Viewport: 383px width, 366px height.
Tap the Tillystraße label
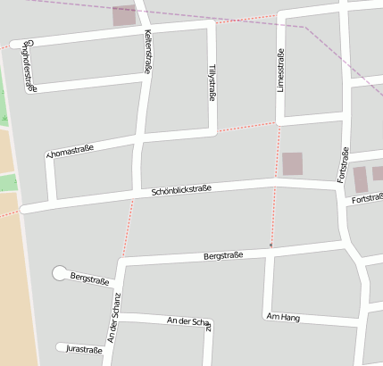(x=212, y=83)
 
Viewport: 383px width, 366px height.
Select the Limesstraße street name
(x=280, y=71)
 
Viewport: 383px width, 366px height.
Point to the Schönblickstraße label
(x=181, y=189)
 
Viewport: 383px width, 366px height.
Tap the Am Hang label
(x=283, y=317)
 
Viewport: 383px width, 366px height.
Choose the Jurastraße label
(x=87, y=349)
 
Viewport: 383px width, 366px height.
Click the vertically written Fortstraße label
(x=343, y=165)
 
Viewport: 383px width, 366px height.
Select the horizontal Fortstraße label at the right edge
(x=367, y=198)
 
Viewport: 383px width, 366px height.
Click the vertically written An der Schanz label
(x=113, y=318)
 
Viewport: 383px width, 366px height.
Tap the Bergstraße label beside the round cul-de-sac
(x=89, y=279)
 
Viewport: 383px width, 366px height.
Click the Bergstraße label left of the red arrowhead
(x=223, y=256)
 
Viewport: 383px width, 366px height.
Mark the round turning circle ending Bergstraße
(x=60, y=272)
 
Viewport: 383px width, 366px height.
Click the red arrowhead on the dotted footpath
(x=271, y=245)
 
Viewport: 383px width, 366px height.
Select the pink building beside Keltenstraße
(x=124, y=15)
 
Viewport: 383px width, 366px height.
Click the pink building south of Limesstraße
(x=292, y=163)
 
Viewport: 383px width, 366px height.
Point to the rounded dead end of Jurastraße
(x=61, y=347)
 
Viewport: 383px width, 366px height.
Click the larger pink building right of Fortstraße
(x=359, y=179)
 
